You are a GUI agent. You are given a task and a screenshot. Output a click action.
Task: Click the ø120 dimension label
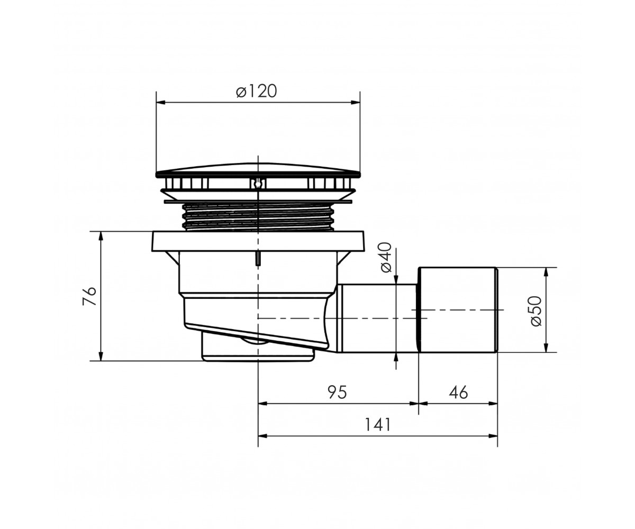coord(256,91)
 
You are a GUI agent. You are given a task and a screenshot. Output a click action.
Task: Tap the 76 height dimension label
coord(90,296)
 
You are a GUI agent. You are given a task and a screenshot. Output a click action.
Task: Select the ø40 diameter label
coord(386,258)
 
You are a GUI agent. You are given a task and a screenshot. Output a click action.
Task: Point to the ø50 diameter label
coord(536,311)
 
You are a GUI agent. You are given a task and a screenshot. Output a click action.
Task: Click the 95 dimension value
coord(337,392)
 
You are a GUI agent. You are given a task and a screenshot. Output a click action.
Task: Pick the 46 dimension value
coord(458,392)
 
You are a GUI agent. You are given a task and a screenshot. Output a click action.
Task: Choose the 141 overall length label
coord(377,424)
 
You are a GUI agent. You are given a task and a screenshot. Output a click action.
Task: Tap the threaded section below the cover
coord(258,217)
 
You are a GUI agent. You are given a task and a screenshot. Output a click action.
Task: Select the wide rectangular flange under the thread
coord(258,241)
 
